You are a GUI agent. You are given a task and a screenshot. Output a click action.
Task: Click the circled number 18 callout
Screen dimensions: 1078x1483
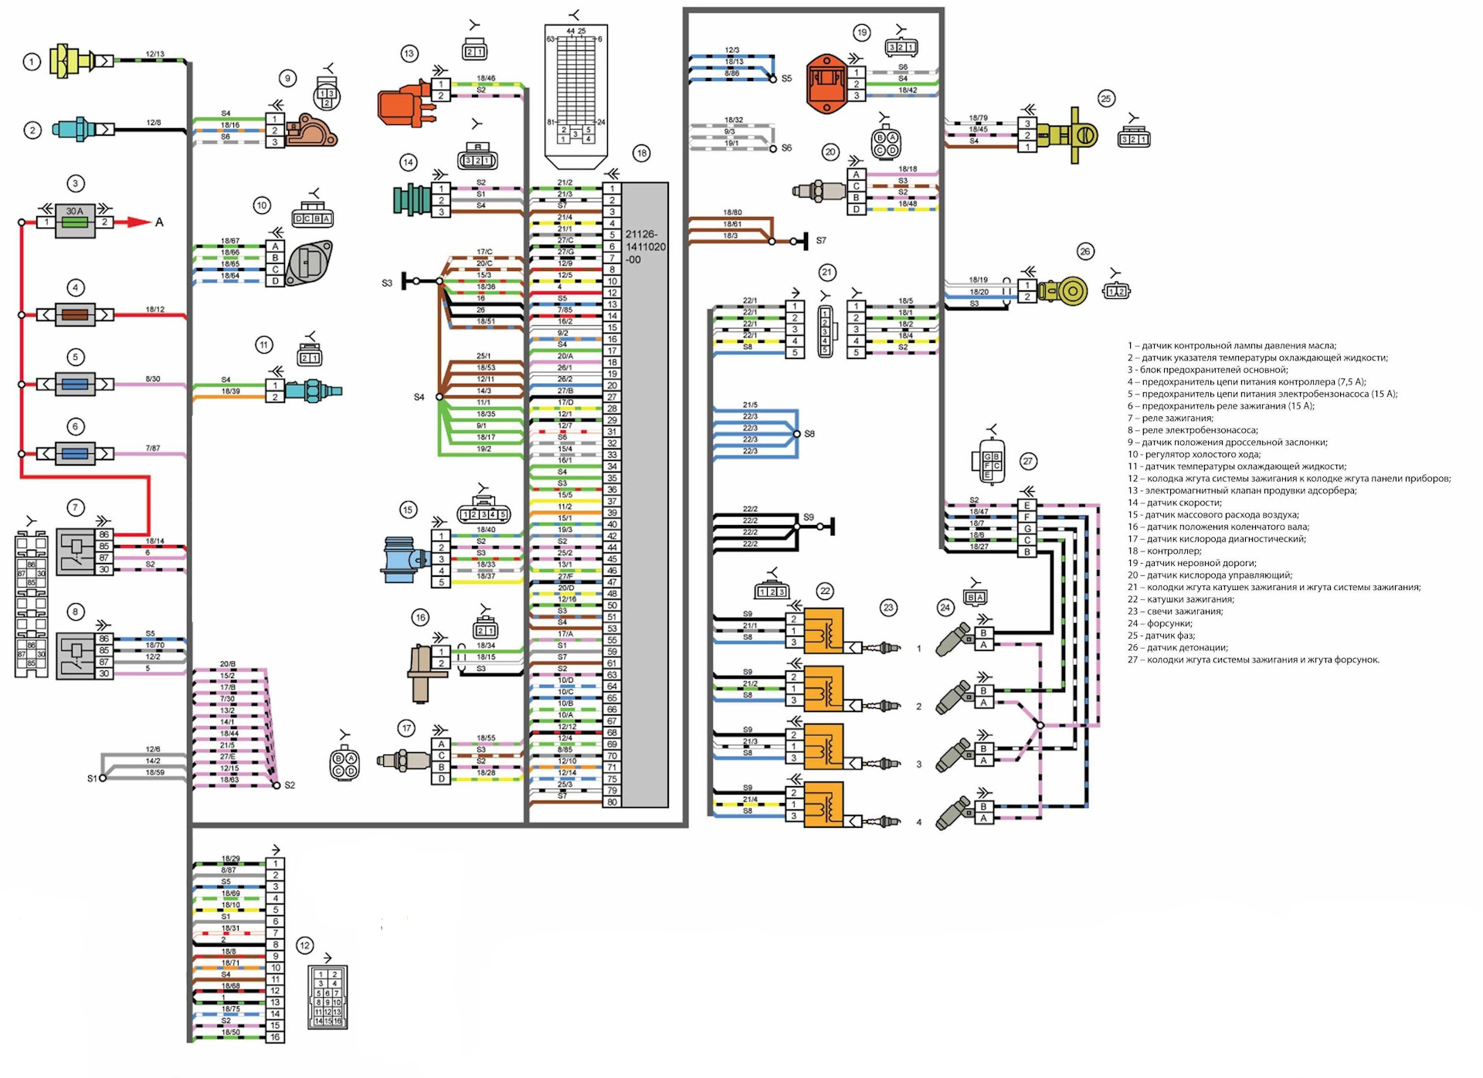642,153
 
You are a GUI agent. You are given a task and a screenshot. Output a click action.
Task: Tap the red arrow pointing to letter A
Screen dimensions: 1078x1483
139,222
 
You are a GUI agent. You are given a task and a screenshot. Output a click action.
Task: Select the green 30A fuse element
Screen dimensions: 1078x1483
75,222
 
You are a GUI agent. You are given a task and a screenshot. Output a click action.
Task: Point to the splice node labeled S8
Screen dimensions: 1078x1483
797,434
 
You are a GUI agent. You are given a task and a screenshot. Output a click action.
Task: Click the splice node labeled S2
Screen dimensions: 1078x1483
277,785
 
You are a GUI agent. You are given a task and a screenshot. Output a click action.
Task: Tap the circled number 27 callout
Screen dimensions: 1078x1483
1028,462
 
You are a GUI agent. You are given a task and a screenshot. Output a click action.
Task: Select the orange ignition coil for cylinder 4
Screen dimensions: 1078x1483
824,805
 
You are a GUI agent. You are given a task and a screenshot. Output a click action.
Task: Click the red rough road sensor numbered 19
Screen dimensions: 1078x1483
826,83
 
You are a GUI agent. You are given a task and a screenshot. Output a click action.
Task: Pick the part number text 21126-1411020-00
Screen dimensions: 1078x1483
645,247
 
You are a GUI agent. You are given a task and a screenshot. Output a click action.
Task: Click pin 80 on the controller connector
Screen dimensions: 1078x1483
612,802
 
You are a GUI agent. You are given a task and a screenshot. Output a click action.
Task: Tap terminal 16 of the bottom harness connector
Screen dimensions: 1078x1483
275,1037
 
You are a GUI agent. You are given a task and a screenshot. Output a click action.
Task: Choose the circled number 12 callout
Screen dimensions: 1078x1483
305,946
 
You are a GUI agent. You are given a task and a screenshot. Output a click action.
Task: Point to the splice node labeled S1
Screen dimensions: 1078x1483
103,778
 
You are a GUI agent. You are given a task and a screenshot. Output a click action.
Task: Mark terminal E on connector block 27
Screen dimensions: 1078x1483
1027,506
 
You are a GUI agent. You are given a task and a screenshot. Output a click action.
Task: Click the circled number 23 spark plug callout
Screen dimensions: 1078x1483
888,608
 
